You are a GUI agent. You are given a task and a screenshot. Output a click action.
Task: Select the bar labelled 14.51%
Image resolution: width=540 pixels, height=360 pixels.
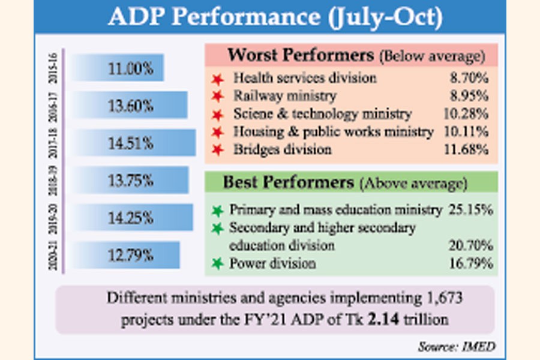coord(134,143)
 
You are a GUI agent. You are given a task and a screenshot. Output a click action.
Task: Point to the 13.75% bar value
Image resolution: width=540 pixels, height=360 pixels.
coord(131,180)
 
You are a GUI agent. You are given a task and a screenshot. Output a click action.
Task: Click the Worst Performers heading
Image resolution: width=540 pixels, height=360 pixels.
coord(301,56)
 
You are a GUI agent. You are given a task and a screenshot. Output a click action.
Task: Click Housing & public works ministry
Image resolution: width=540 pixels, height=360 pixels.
coord(333,131)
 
